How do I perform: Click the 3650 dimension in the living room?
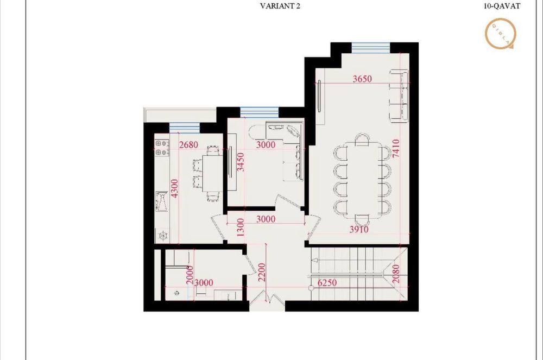[362, 79]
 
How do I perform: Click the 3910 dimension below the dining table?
[359, 230]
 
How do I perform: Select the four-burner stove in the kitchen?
[161, 148]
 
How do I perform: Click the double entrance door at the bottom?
[267, 302]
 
